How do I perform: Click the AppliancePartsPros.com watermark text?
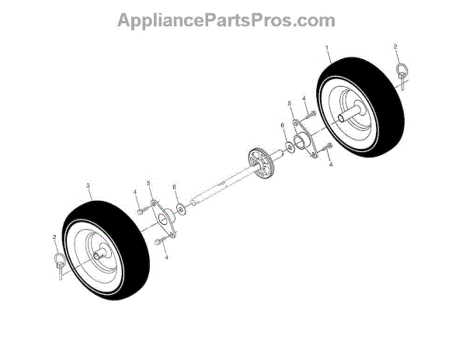(x=226, y=20)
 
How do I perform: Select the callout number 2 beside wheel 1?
(x=395, y=47)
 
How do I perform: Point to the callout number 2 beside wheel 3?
(x=54, y=237)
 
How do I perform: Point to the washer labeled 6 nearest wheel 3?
(x=180, y=209)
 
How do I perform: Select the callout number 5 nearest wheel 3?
(x=150, y=184)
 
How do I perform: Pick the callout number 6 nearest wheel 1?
(x=283, y=125)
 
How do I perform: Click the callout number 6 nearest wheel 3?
(x=175, y=187)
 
